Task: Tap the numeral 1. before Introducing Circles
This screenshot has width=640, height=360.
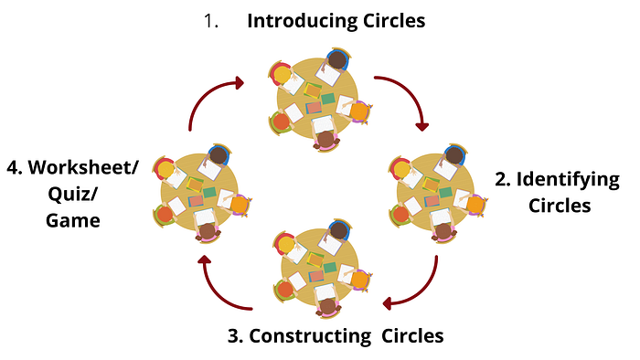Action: [x=211, y=21]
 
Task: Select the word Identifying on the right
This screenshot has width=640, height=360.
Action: [x=568, y=180]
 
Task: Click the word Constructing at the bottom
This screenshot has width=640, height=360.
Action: [x=310, y=337]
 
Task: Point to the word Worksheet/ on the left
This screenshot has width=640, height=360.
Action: [x=83, y=167]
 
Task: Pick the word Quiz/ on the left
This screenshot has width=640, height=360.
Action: [x=72, y=194]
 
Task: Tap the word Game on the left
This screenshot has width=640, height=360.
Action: [x=73, y=220]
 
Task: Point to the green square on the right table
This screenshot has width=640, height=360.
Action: [x=446, y=192]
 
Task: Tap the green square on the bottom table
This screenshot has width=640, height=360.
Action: [x=330, y=268]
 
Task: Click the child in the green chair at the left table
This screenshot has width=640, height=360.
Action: [x=165, y=215]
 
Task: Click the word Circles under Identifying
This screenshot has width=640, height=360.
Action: [x=560, y=206]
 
